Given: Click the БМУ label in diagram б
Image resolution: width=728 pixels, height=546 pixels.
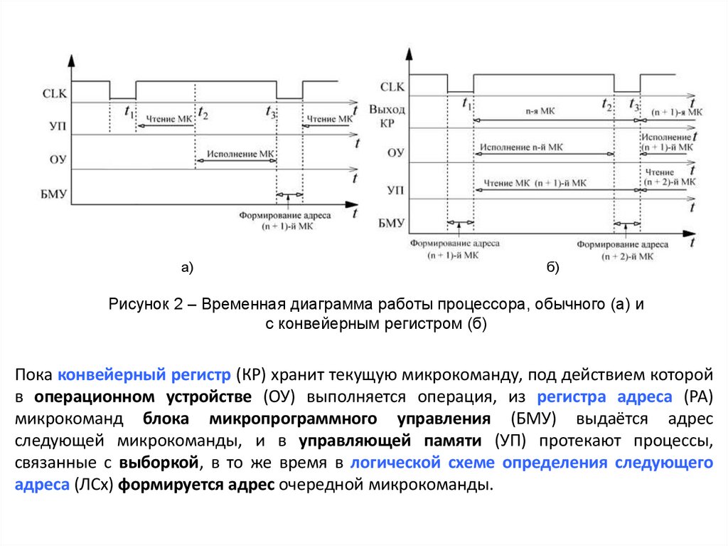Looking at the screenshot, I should (391, 224).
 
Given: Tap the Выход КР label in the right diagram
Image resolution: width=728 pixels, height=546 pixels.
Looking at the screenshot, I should (387, 116).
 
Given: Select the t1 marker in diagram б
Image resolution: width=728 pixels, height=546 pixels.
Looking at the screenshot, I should (467, 103).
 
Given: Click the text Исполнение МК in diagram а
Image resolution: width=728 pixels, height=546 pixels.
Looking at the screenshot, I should (239, 153).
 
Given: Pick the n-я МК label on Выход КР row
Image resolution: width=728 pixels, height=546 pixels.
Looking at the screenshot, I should (541, 112).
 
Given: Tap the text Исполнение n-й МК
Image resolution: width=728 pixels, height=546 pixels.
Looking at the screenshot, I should (521, 147).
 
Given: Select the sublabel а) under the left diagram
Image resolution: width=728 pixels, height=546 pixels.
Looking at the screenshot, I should (187, 268).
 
